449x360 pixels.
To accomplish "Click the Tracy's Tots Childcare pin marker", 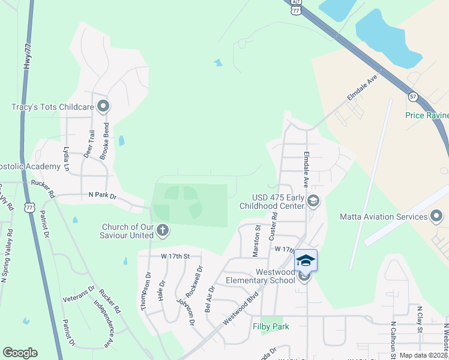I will (103, 107).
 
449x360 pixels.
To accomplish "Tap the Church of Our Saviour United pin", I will (162, 229).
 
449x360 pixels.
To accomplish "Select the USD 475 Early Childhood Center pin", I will (312, 200).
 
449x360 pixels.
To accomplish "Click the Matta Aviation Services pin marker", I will (437, 216).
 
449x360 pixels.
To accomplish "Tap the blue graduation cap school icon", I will (306, 260).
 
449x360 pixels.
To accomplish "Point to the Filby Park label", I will (270, 326).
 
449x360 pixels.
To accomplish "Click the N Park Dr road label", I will (101, 194).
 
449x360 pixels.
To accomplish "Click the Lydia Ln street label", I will (67, 160).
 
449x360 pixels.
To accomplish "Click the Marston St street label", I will (257, 241).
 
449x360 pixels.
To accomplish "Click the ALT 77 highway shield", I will (295, 7).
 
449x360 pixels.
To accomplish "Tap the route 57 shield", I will (412, 96).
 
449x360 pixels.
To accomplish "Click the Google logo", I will (20, 353).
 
